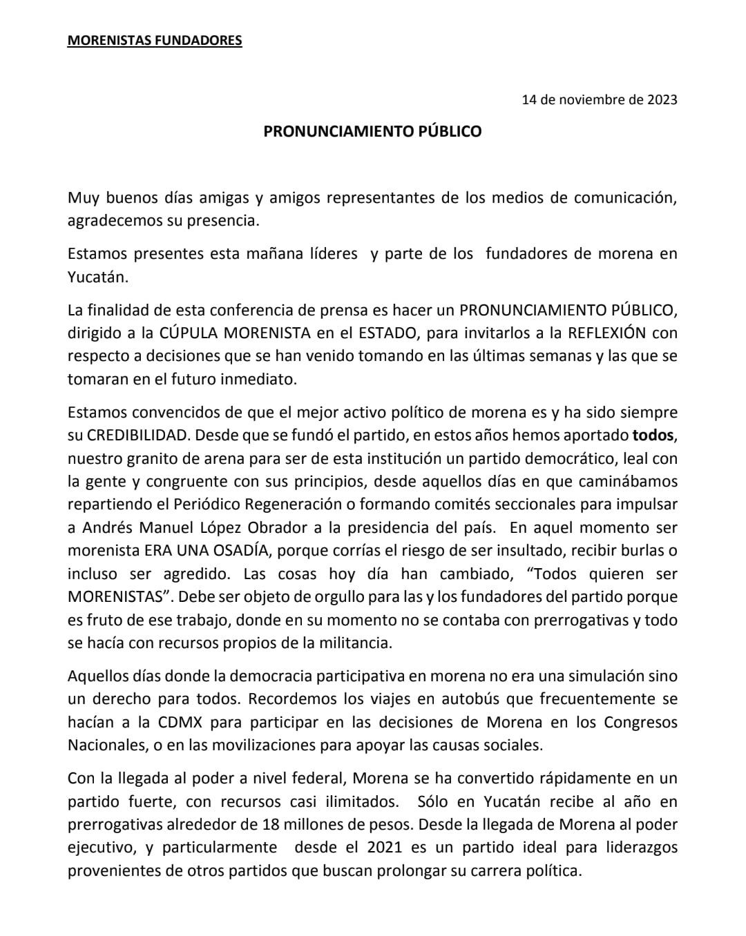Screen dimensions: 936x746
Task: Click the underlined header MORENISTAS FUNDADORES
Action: pos(155,41)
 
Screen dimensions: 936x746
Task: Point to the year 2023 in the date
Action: pos(662,99)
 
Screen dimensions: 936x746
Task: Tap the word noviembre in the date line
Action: pos(591,99)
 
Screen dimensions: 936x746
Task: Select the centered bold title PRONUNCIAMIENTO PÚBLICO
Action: pos(372,131)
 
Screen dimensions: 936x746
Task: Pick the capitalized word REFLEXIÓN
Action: pos(606,333)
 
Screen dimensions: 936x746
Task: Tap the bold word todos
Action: pos(653,436)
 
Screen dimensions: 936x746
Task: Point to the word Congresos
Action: pos(640,722)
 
